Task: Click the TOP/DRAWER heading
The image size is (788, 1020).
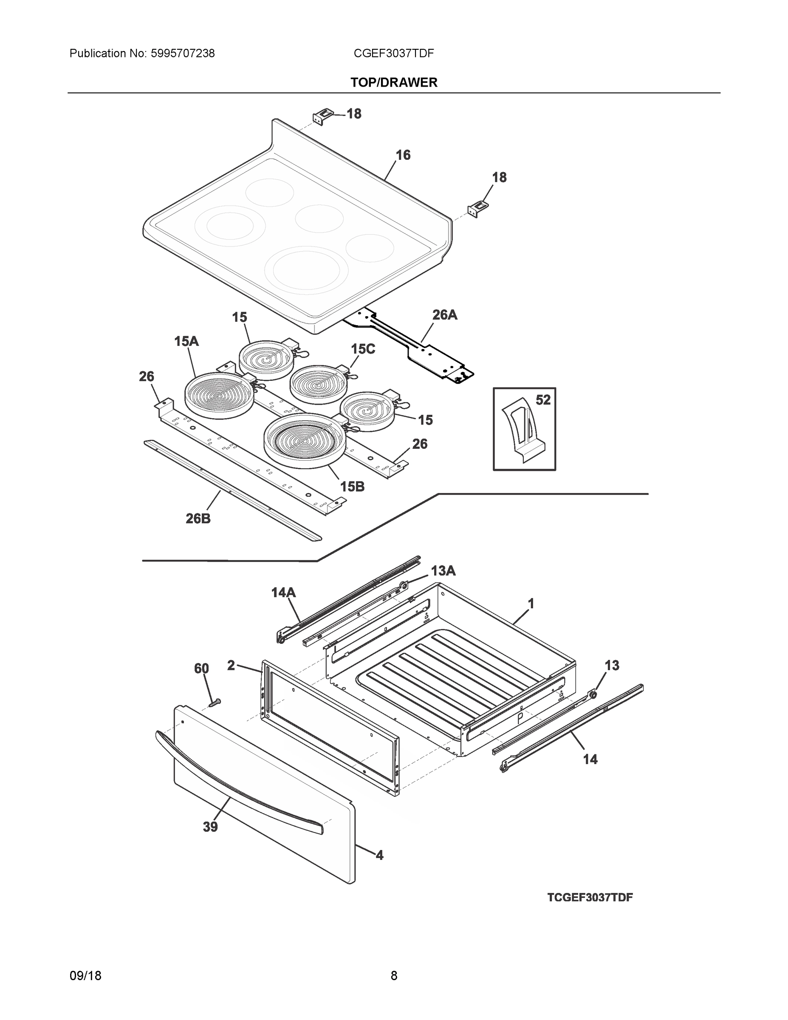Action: (393, 83)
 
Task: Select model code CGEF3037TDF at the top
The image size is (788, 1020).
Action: (393, 54)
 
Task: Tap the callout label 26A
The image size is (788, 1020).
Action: (444, 315)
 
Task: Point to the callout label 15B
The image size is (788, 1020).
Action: (352, 487)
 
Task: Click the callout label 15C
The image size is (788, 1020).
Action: (363, 349)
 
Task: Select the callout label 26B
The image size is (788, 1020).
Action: (198, 518)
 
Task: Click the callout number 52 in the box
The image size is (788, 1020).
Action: (542, 400)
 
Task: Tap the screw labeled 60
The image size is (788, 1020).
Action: (214, 702)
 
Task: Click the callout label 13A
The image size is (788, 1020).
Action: (443, 571)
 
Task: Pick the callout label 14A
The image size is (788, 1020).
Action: (283, 593)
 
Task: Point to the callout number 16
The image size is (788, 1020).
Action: (403, 155)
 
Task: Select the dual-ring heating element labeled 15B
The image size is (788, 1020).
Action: (305, 440)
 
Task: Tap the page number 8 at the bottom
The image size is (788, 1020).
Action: (393, 976)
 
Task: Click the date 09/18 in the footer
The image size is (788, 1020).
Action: (85, 976)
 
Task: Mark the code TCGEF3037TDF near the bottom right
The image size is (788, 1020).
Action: (590, 897)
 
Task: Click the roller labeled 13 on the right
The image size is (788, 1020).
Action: (593, 695)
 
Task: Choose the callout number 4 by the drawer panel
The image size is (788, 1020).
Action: (379, 856)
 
